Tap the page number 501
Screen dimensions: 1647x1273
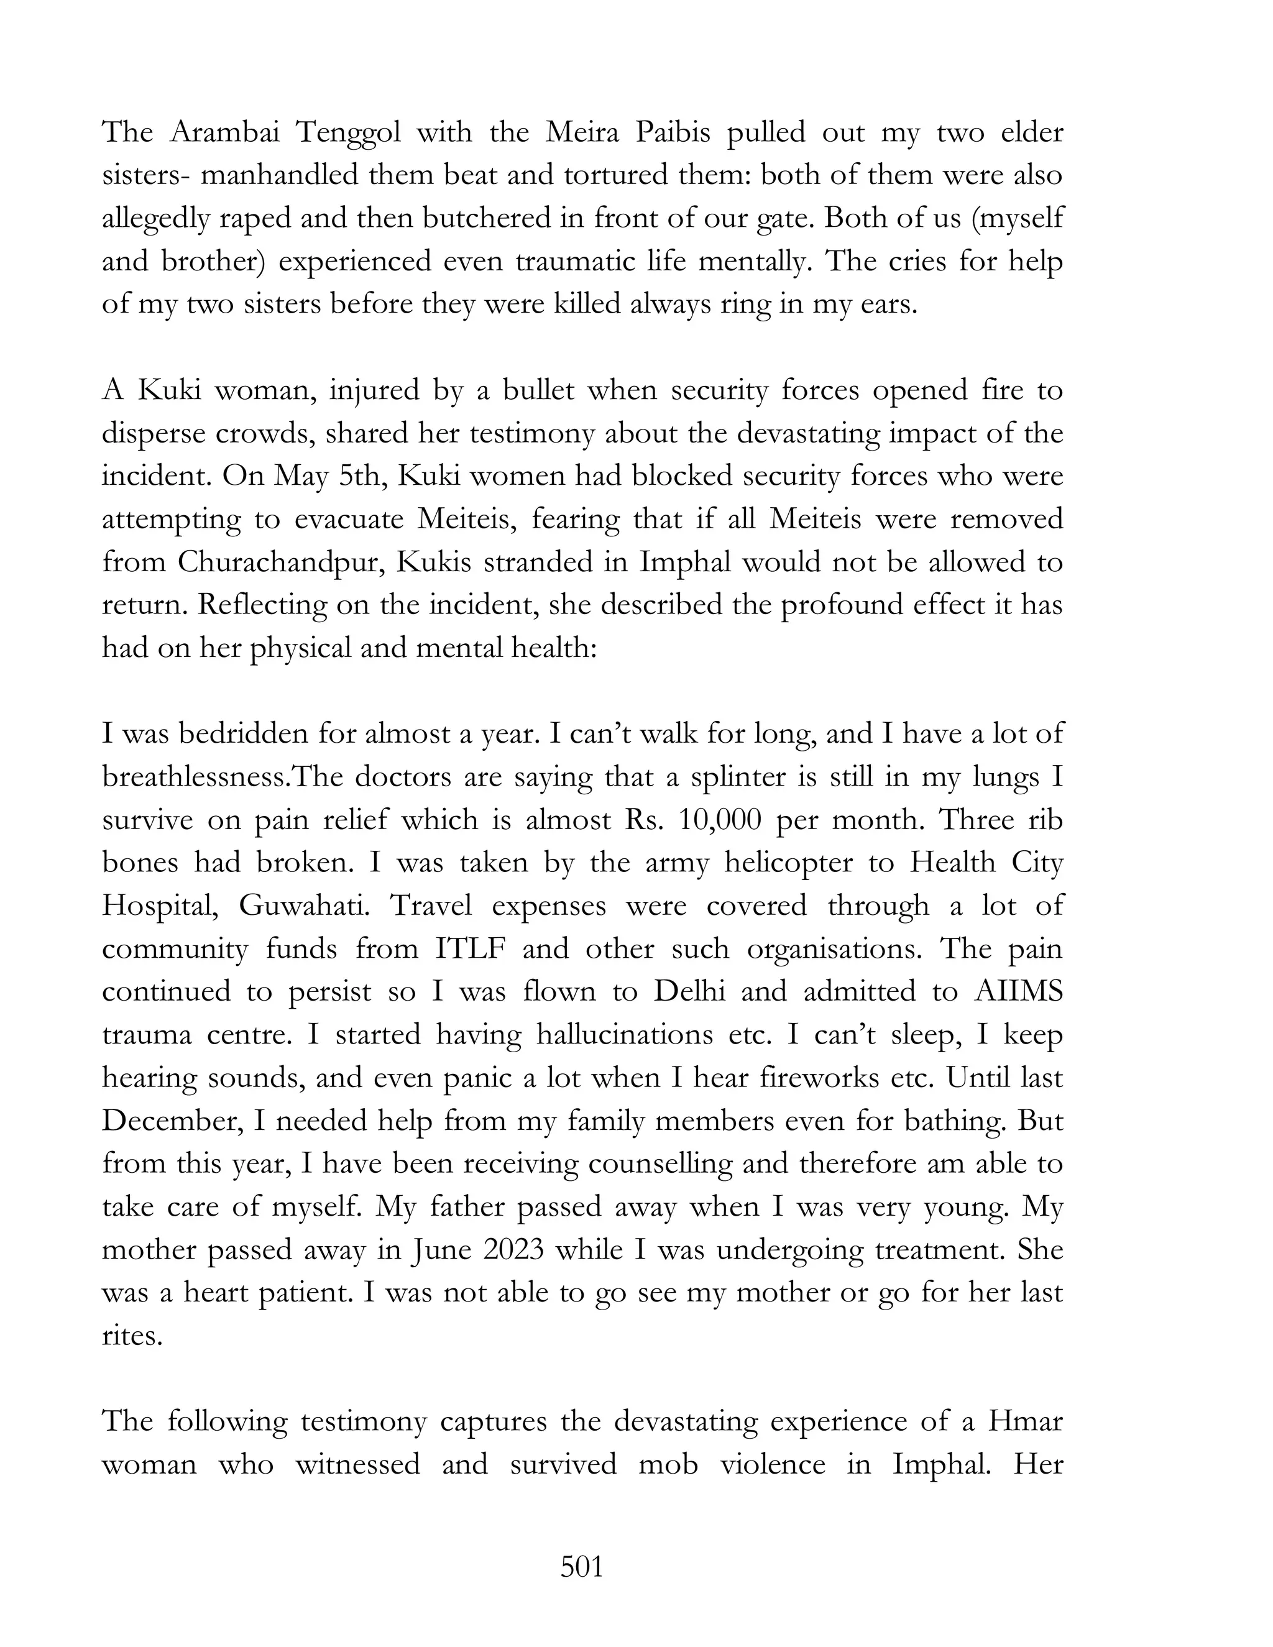tap(582, 1567)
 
